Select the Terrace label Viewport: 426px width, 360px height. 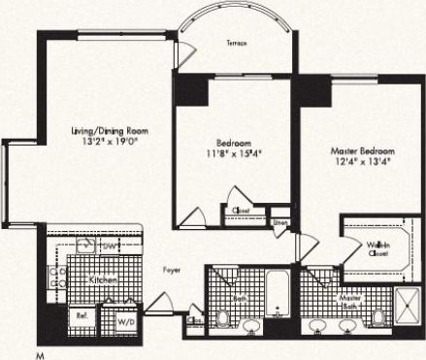pyautogui.click(x=236, y=44)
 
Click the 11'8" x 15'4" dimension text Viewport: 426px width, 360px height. pyautogui.click(x=234, y=152)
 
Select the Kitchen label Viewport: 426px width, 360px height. pyautogui.click(x=104, y=278)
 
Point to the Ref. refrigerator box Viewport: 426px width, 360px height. pyautogui.click(x=82, y=317)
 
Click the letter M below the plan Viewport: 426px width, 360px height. pyautogui.click(x=40, y=353)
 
